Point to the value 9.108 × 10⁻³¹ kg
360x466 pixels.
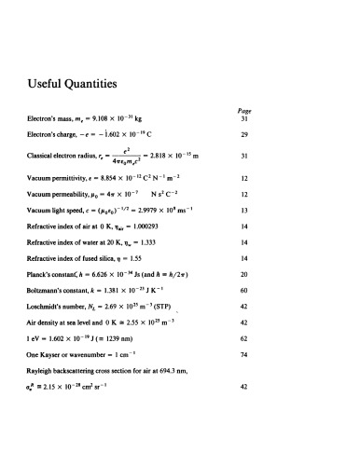click(119, 120)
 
